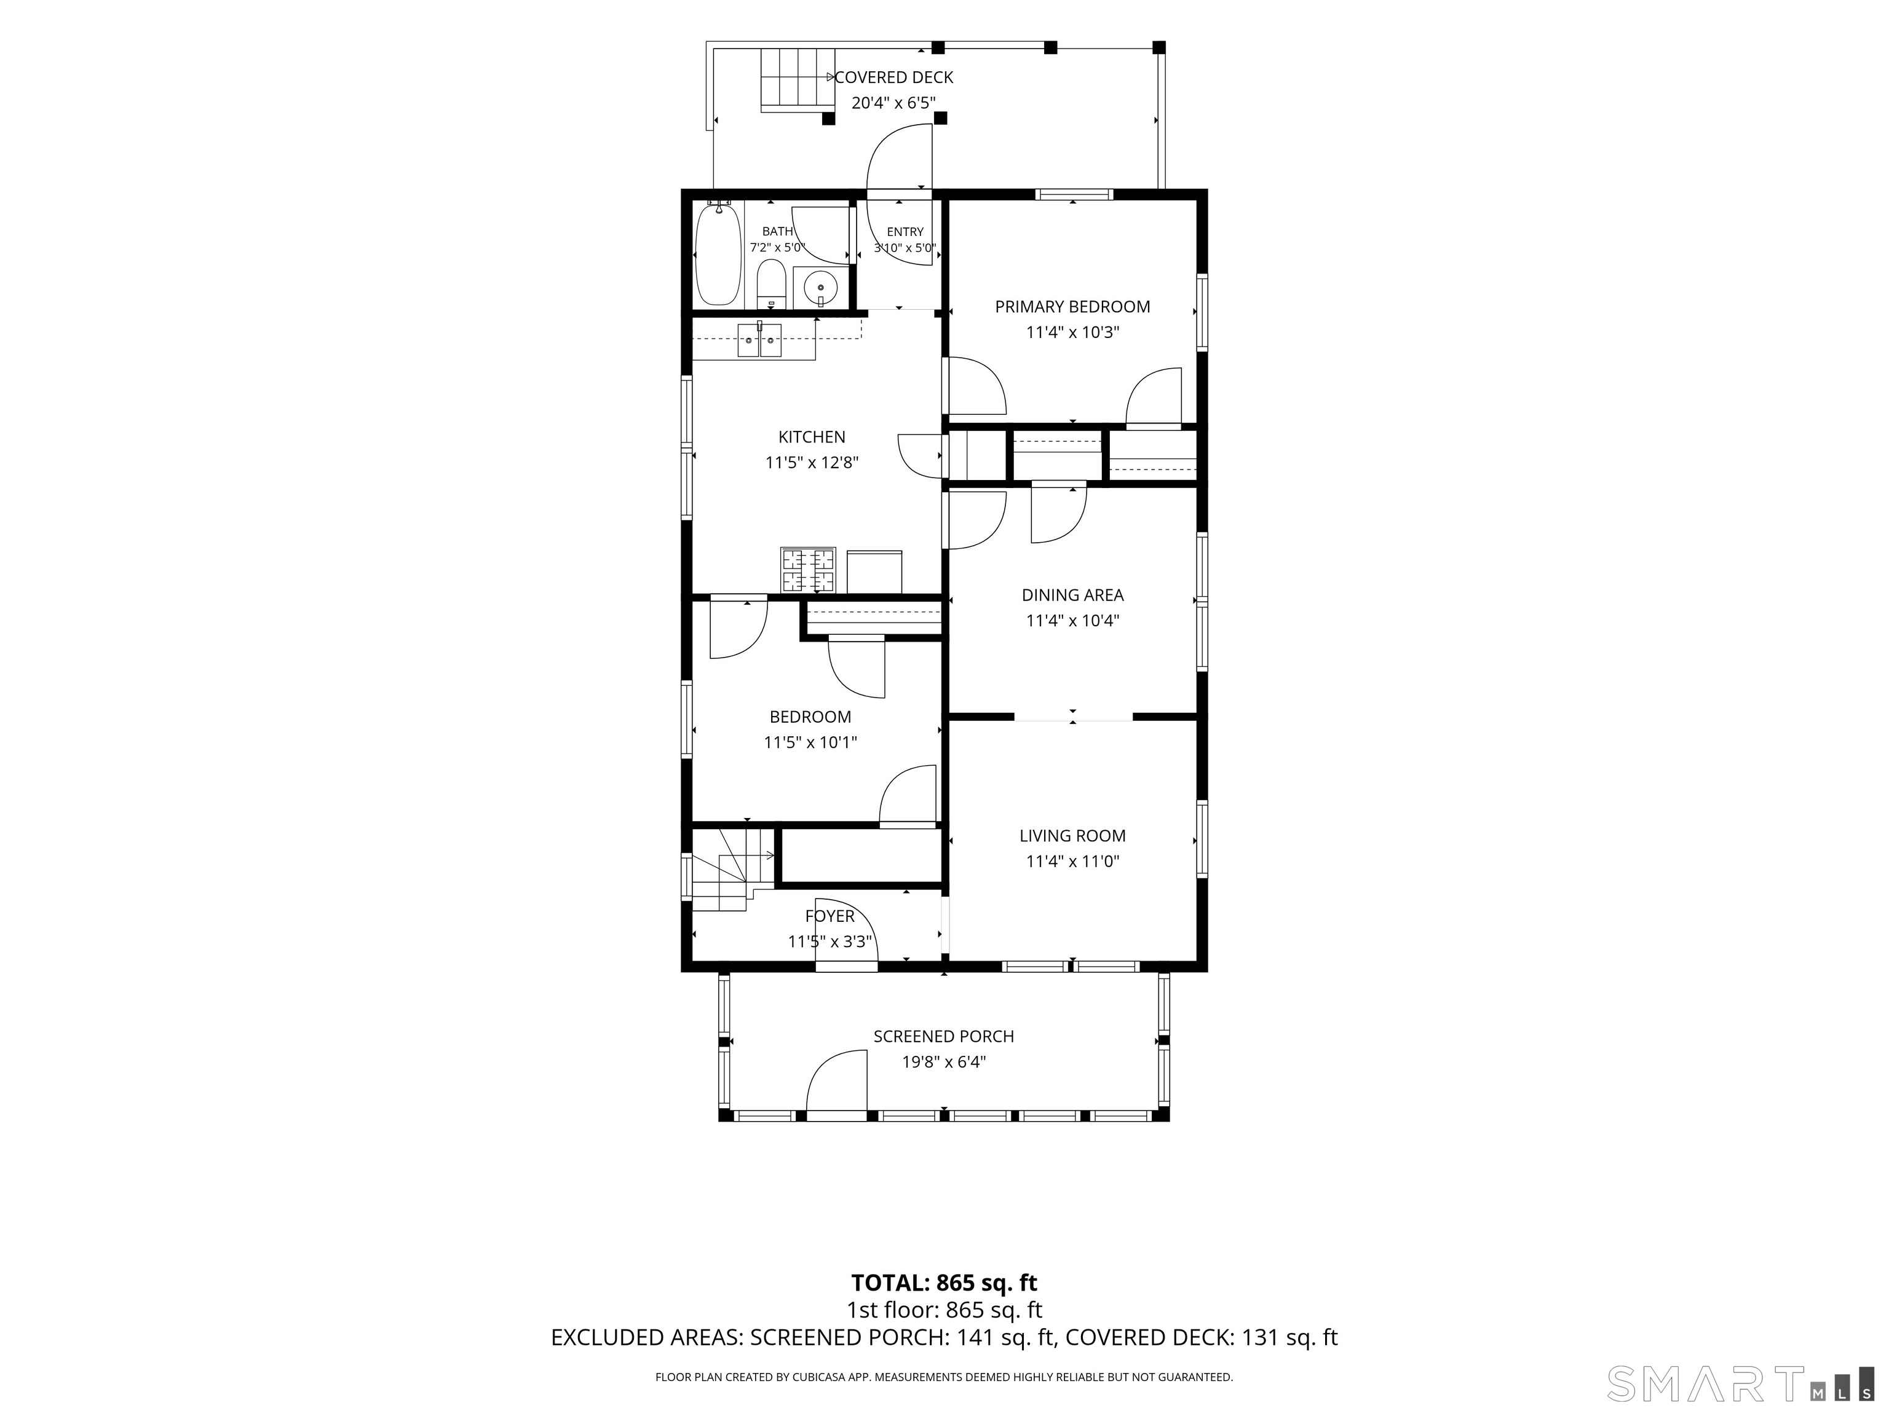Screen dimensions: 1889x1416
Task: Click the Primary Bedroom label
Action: [x=1072, y=307]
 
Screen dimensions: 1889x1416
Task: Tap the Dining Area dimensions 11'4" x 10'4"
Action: [x=1072, y=621]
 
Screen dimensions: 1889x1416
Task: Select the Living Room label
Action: [x=1072, y=836]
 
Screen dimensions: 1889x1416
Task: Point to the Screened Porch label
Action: [x=944, y=1036]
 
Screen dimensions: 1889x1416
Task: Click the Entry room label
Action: [x=905, y=231]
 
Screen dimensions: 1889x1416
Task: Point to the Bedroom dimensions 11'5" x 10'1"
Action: [x=810, y=742]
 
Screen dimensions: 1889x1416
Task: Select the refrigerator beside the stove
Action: [x=874, y=572]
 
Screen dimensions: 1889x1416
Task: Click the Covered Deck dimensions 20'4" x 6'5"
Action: [x=894, y=103]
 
